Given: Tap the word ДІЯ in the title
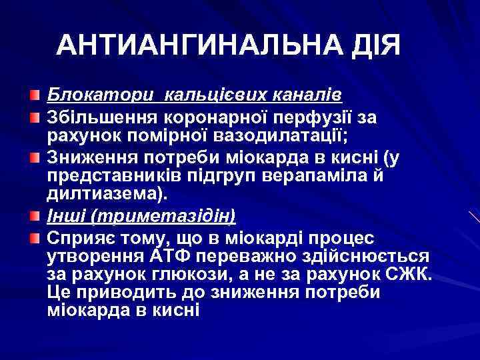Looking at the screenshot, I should coord(374,45).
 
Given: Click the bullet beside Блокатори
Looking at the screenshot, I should coord(35,94).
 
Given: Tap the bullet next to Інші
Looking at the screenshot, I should coord(35,216).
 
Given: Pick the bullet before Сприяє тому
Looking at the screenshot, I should coord(35,239).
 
